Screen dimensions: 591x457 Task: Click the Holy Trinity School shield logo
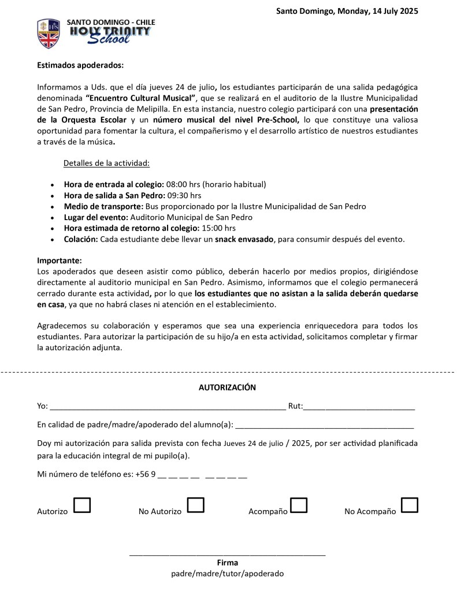coord(48,33)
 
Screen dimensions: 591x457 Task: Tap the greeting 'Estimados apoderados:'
coord(80,66)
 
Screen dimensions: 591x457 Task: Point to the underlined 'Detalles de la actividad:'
coord(106,163)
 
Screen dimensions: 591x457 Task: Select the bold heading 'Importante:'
coord(60,261)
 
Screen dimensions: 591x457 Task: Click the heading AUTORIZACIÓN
coord(227,388)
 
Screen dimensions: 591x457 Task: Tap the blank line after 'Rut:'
coord(359,407)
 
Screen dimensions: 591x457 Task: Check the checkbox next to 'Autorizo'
coord(83,505)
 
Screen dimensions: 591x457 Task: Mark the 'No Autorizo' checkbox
coord(196,505)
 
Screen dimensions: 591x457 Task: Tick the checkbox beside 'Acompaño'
coord(299,505)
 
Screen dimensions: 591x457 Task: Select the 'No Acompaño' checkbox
coord(410,505)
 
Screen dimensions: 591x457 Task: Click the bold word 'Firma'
coord(228,563)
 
